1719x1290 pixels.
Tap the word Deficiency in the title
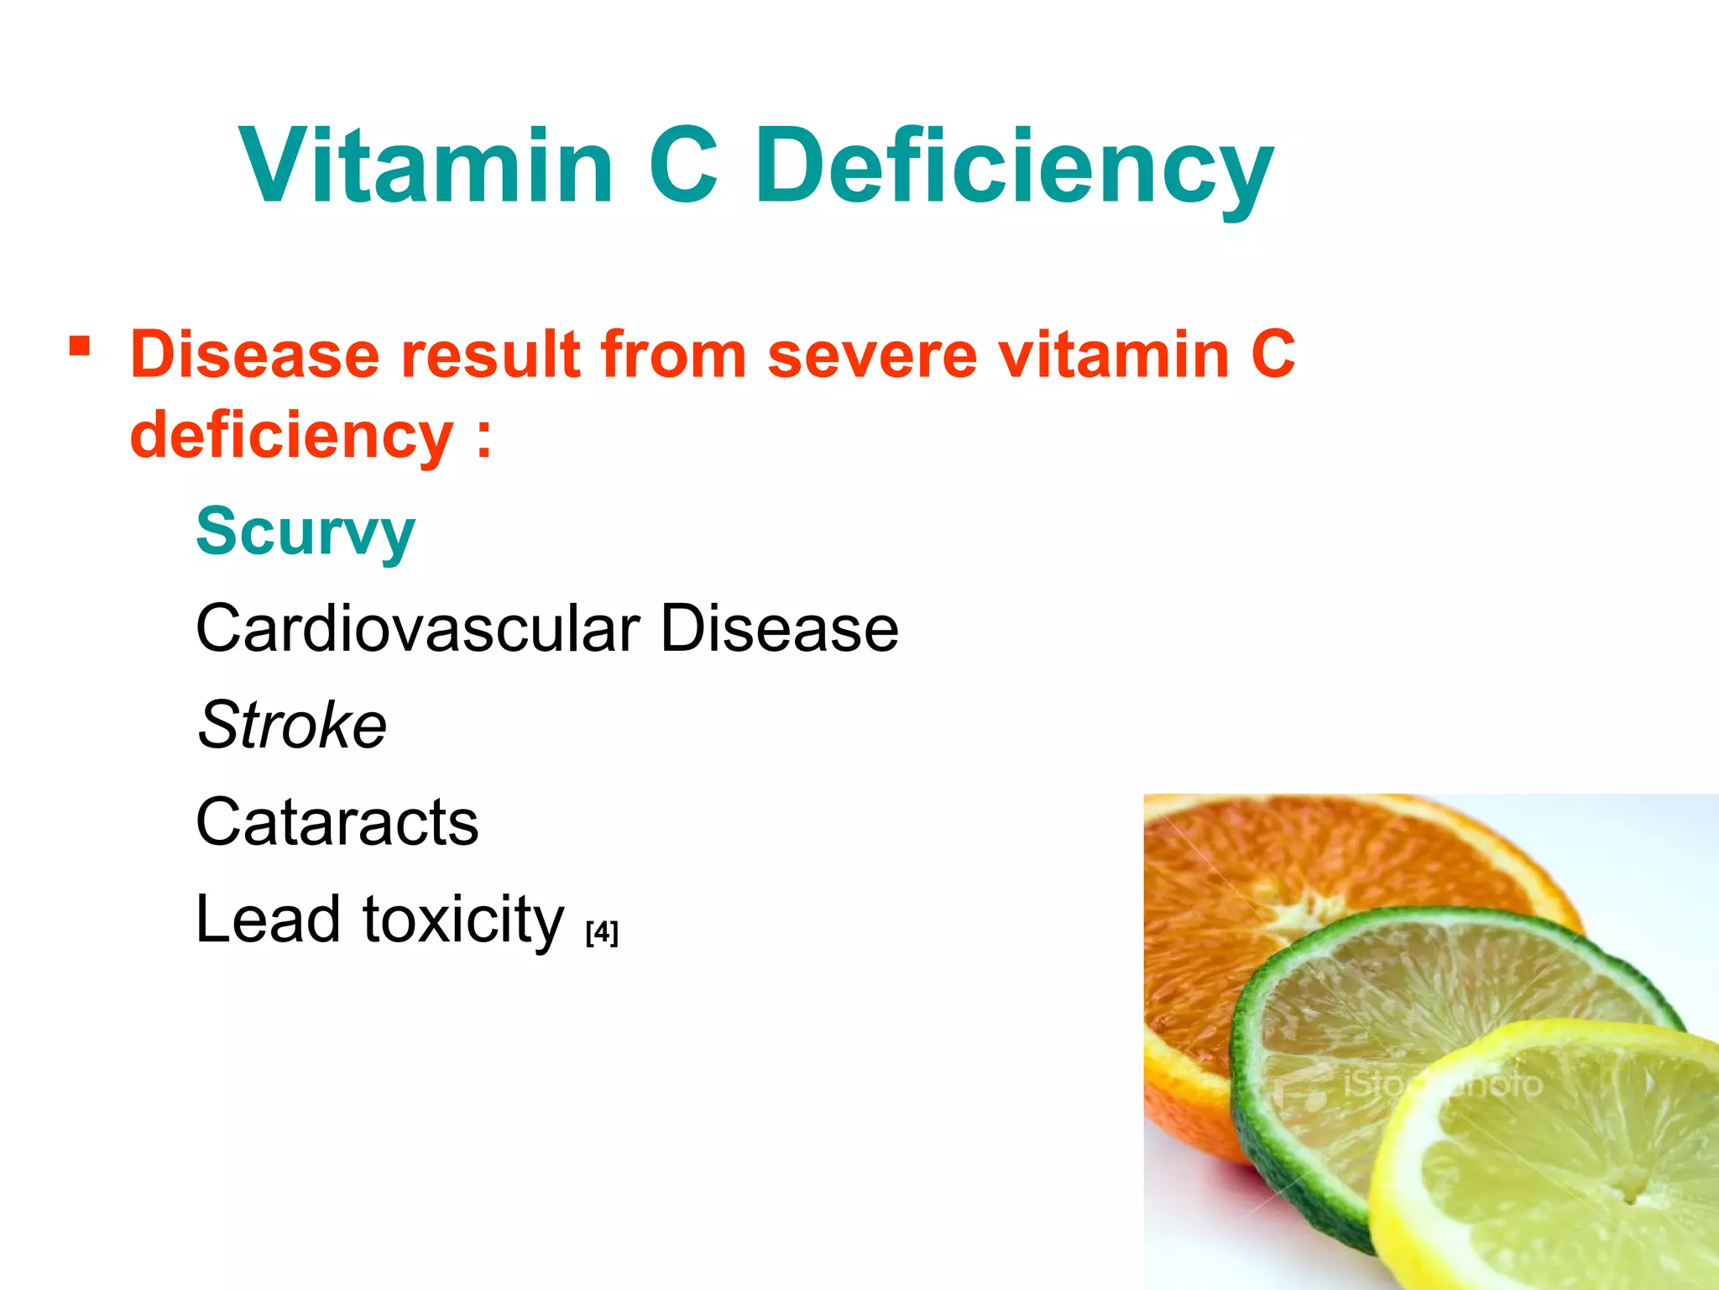pos(1014,166)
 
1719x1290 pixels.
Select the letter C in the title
pos(683,165)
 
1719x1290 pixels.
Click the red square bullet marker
pos(80,345)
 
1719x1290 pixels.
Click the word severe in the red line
pos(871,354)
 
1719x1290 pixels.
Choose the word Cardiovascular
pos(418,628)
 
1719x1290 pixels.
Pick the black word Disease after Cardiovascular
pos(779,628)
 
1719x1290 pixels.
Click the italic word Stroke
pos(292,725)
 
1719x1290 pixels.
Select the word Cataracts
pos(337,821)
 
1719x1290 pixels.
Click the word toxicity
pos(463,920)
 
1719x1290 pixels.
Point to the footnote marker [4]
pos(602,932)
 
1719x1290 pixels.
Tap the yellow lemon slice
pos(1570,1176)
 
